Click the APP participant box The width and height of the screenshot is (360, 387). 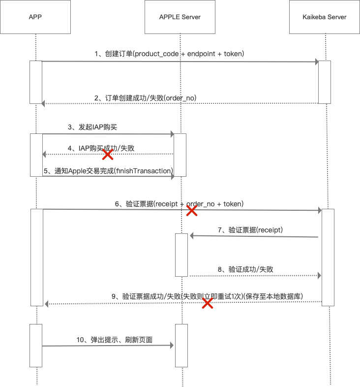35,17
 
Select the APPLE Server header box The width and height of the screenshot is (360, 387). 180,17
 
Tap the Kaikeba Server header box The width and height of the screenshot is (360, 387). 325,17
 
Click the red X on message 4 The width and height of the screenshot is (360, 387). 107,155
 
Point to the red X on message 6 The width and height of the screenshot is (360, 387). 192,211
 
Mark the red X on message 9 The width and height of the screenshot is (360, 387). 208,303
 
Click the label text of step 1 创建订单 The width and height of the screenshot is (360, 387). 169,53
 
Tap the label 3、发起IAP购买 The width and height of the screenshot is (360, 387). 92,127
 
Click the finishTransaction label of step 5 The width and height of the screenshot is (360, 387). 108,170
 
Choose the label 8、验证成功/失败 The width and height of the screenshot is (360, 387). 245,269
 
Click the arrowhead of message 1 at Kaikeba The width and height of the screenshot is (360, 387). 316,62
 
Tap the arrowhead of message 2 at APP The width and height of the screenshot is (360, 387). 44,103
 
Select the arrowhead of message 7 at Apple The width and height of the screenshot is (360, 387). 191,236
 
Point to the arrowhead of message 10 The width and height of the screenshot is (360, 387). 172,346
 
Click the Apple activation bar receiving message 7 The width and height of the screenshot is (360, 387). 181,255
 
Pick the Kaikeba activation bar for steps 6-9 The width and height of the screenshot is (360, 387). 328,257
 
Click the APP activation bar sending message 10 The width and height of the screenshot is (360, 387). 36,345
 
